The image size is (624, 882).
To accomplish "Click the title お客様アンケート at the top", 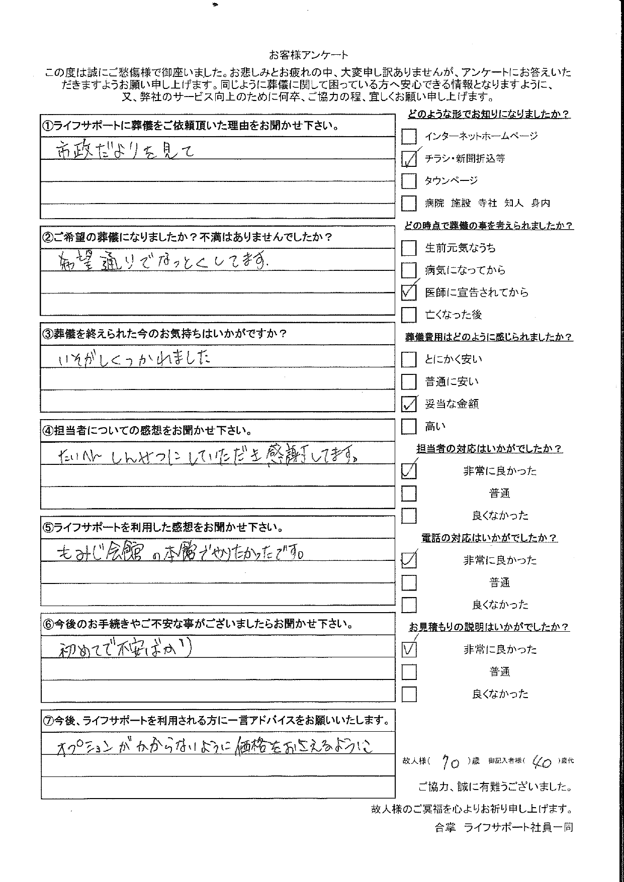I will pyautogui.click(x=308, y=55).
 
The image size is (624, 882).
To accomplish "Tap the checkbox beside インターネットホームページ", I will pyautogui.click(x=409, y=136).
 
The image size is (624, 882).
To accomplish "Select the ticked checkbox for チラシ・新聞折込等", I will pyautogui.click(x=409, y=159).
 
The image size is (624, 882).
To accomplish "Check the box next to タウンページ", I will pyautogui.click(x=409, y=181).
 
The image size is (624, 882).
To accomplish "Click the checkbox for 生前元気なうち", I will pyautogui.click(x=409, y=248).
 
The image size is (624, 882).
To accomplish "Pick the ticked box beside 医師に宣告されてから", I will pyautogui.click(x=409, y=292).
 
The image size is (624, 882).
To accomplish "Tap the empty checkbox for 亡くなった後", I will pyautogui.click(x=409, y=315).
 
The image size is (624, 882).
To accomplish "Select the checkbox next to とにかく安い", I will pyautogui.click(x=409, y=359).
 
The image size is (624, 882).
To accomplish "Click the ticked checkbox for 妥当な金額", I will pyautogui.click(x=409, y=404).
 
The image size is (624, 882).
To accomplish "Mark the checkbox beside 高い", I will pyautogui.click(x=409, y=427).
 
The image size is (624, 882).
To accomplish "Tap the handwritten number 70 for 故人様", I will pyautogui.click(x=450, y=763).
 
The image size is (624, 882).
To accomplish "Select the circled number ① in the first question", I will pyautogui.click(x=47, y=126).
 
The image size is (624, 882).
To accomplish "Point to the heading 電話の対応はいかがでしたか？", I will pyautogui.click(x=489, y=538).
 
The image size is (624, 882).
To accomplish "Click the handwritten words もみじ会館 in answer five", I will pyautogui.click(x=103, y=553).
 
